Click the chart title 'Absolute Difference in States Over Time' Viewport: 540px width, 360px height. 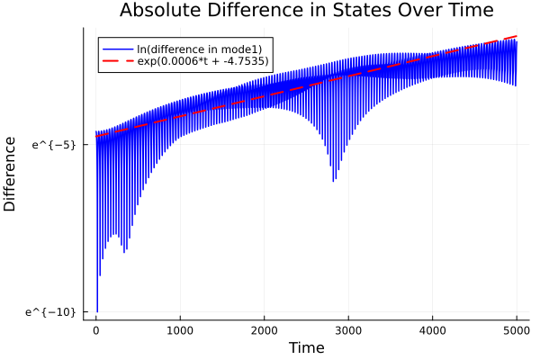306,12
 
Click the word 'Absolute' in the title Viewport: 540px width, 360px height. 157,12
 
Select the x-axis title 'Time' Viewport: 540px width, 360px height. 306,347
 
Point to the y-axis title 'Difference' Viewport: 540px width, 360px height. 11,174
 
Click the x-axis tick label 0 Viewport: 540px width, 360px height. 96,329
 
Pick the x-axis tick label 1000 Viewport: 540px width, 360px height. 180,329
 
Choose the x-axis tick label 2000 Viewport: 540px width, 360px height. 265,329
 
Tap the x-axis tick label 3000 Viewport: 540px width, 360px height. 348,329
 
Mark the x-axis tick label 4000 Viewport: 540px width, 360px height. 433,329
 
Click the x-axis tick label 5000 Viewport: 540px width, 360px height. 517,329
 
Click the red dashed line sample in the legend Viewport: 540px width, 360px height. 117,61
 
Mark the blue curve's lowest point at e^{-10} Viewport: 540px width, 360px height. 97,310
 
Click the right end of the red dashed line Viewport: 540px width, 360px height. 517,36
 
